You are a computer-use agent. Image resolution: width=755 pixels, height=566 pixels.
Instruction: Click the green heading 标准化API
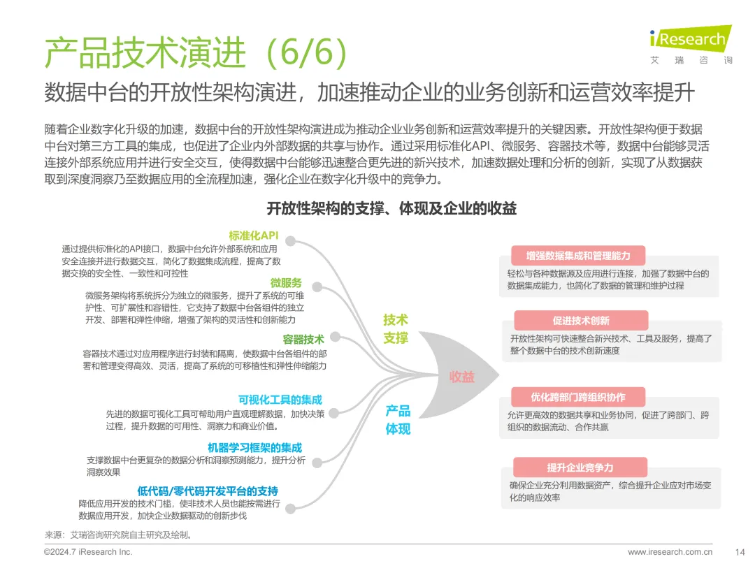pos(253,235)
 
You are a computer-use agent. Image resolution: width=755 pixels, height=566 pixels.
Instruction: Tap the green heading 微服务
pos(286,282)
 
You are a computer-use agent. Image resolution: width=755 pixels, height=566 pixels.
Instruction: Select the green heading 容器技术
pos(303,339)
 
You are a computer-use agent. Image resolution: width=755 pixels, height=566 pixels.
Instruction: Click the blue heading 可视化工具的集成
pos(280,400)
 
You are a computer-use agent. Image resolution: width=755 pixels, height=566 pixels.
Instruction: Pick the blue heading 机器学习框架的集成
pos(254,447)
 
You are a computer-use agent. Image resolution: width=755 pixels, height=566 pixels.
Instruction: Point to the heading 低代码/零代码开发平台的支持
pos(208,491)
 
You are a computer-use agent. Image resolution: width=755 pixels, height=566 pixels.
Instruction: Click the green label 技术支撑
pos(396,328)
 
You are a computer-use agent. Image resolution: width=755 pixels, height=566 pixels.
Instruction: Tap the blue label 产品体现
pos(398,419)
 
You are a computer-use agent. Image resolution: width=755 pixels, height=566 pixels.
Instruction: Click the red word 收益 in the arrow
pos(461,377)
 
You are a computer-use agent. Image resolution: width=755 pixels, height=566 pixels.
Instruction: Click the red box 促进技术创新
pos(581,321)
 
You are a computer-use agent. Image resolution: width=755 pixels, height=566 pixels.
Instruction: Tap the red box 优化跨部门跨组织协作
pos(577,397)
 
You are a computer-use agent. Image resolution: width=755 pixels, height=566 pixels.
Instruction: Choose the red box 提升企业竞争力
pos(580,467)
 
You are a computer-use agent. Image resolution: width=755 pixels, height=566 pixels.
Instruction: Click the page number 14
pos(740,552)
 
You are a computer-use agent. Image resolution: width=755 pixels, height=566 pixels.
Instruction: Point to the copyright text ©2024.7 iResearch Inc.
pos(88,552)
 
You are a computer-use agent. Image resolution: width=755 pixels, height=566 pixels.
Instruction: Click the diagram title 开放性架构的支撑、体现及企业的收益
pos(391,209)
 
